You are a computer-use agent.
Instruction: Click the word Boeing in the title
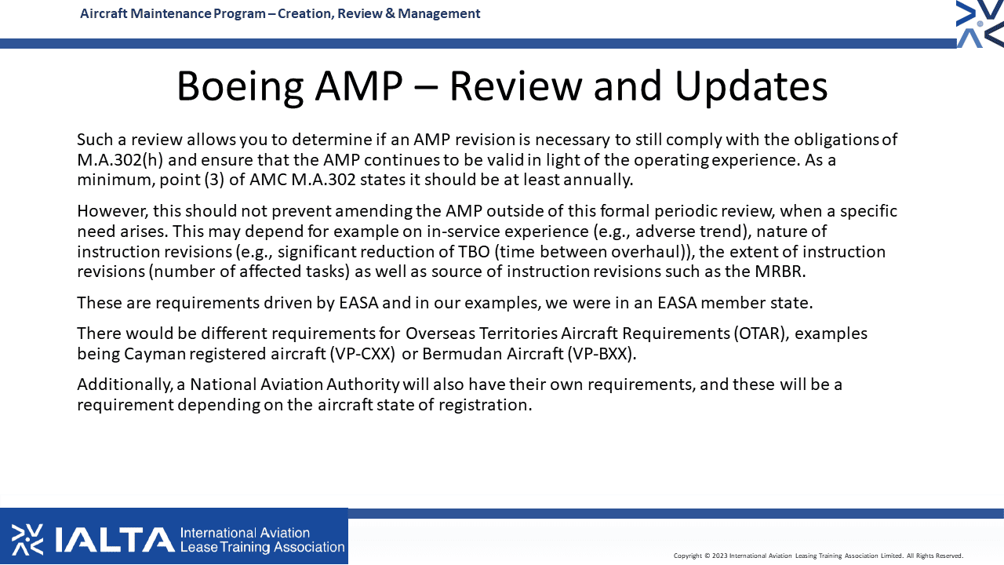click(x=240, y=86)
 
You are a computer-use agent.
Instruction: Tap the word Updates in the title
click(x=751, y=86)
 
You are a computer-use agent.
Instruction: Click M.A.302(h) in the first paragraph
click(x=120, y=160)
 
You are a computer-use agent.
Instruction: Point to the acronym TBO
click(x=474, y=252)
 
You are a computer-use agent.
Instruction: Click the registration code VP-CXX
click(x=362, y=354)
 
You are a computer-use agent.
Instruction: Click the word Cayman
click(x=155, y=354)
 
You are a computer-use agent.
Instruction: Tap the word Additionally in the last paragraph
click(x=125, y=385)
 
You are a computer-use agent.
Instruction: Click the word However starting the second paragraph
click(x=112, y=211)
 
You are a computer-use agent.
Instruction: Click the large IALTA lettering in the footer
click(x=115, y=539)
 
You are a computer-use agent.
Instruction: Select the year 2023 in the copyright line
click(x=720, y=556)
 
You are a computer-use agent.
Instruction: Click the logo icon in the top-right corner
click(x=980, y=24)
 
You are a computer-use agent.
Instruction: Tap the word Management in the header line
click(x=438, y=13)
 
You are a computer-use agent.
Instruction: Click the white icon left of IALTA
click(x=27, y=539)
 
